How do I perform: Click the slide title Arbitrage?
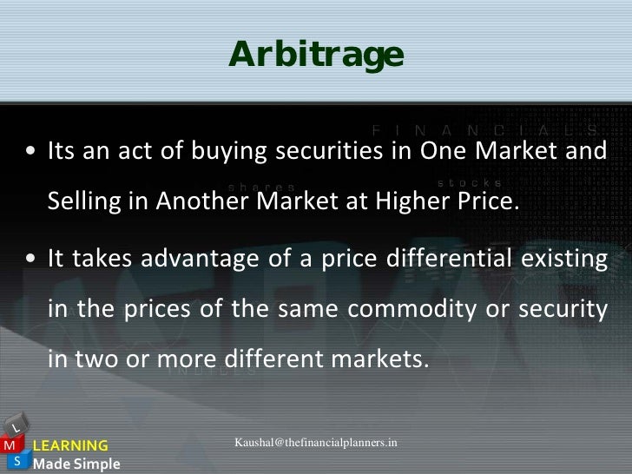coord(316,54)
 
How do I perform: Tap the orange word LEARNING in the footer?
coord(69,446)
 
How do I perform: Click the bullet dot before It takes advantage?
coord(30,260)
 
